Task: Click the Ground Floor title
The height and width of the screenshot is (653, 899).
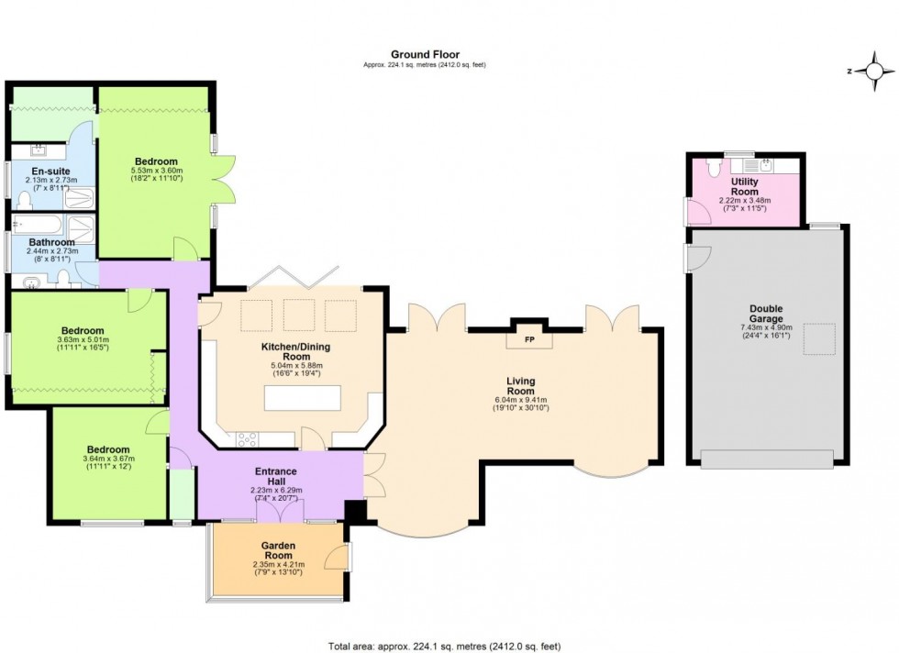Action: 425,54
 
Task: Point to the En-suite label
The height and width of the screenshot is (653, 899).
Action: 52,172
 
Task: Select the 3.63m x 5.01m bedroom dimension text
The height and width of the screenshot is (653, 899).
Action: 83,340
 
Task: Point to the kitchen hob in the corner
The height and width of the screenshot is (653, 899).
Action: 248,438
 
